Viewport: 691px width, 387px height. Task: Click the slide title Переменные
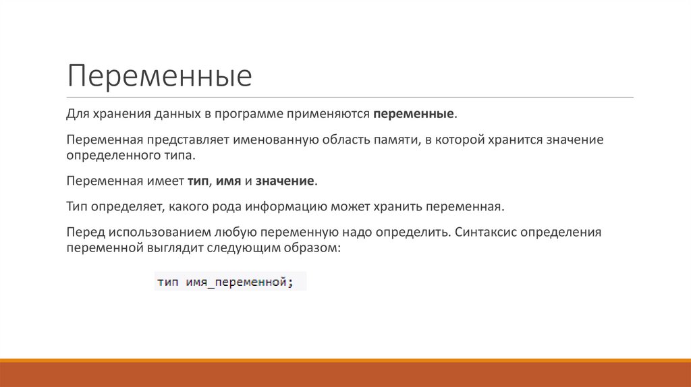point(159,76)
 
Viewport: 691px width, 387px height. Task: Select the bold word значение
point(285,181)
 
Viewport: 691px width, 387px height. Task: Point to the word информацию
point(287,206)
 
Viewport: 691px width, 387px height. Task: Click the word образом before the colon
point(316,248)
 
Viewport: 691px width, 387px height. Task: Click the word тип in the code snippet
point(167,282)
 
